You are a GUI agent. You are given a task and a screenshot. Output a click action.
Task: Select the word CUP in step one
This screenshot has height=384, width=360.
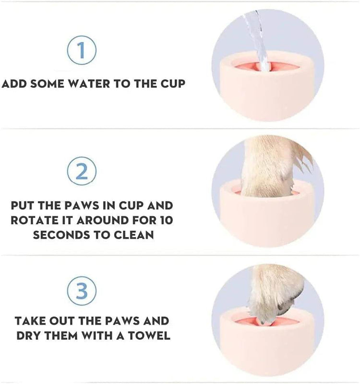click(171, 84)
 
